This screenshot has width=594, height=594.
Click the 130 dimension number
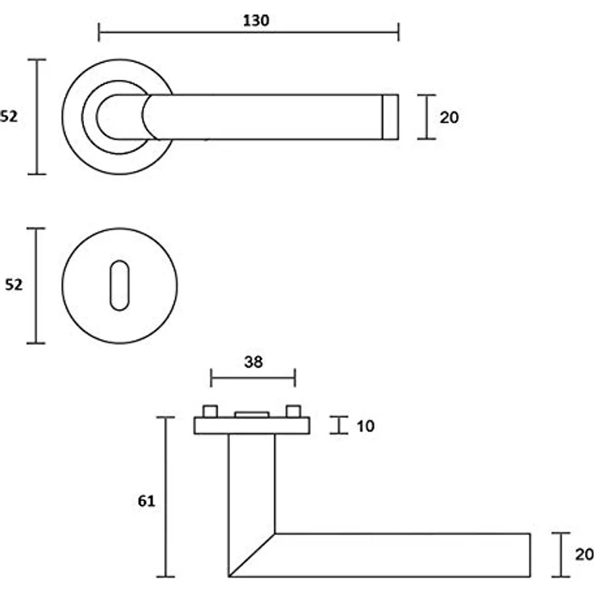[x=256, y=20]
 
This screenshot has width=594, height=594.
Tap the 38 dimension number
[x=253, y=362]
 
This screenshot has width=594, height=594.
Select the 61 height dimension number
[x=146, y=501]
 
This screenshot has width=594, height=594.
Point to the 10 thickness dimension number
[x=366, y=426]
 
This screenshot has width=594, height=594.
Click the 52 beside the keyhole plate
[x=14, y=285]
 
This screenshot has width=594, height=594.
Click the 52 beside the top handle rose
[x=9, y=117]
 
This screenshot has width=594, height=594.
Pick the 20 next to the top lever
[x=450, y=118]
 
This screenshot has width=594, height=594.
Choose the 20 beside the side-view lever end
[x=584, y=554]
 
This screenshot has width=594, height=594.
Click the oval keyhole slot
[x=119, y=285]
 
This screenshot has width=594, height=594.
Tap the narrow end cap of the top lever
[x=390, y=117]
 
